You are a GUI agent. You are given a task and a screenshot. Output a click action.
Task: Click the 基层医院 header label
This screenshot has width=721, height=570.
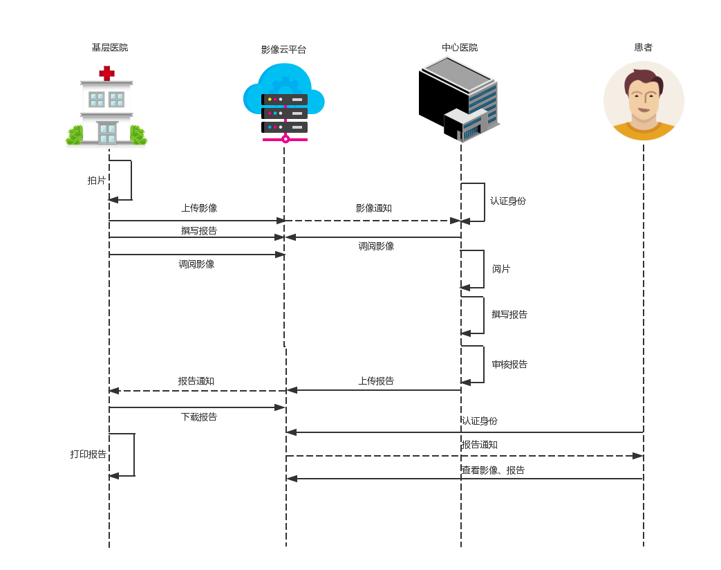(109, 48)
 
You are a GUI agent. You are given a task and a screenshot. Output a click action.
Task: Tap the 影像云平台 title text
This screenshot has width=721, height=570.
(283, 50)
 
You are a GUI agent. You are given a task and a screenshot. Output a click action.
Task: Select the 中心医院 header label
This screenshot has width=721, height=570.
(460, 48)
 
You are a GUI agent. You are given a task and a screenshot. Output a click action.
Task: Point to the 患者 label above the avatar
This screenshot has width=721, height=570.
(643, 48)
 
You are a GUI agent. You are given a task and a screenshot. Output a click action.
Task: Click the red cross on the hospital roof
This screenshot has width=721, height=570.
(106, 73)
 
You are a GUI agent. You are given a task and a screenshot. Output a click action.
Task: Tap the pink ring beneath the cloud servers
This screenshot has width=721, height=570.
(285, 139)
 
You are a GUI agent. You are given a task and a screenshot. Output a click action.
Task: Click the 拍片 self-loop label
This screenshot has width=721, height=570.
(97, 181)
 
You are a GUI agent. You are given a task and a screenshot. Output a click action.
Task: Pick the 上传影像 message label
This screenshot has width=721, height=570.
(199, 208)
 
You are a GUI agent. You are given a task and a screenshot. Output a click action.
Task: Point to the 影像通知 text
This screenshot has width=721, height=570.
(374, 208)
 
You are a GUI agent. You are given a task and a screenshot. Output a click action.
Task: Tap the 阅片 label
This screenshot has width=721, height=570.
(501, 269)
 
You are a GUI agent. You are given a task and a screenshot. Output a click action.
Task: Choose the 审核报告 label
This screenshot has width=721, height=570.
(509, 365)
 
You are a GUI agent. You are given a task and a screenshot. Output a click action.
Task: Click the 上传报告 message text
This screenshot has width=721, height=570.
(376, 381)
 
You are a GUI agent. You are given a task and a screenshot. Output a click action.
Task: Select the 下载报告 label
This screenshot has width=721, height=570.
(199, 417)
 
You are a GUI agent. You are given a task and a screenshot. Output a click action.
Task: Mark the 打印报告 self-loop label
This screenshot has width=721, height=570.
(88, 454)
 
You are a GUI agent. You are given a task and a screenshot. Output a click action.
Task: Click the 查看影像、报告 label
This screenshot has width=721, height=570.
(494, 470)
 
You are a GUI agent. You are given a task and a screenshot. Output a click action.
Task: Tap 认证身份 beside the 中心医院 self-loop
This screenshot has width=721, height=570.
(508, 201)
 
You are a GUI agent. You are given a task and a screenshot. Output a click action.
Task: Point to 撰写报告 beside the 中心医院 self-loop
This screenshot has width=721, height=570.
(509, 315)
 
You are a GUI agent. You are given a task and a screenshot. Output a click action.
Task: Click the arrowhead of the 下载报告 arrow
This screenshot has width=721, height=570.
(280, 407)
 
